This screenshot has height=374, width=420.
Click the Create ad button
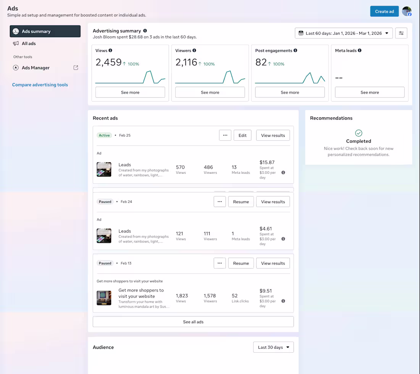(x=384, y=11)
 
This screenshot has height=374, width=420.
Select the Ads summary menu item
(x=45, y=31)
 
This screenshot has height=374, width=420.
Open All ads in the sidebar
(x=29, y=43)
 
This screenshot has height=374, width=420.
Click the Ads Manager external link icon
(x=76, y=68)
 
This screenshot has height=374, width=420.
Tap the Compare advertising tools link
(x=40, y=85)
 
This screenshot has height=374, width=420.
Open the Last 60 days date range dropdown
(x=344, y=33)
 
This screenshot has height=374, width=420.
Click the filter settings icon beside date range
(x=401, y=33)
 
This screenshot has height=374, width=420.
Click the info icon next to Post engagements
(x=295, y=50)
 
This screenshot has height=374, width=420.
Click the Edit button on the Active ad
(x=242, y=135)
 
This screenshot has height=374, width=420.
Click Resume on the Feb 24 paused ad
(x=241, y=202)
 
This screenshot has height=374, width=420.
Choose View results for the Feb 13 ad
(x=273, y=263)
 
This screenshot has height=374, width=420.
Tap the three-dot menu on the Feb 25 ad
(x=225, y=135)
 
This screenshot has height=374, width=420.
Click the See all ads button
(x=193, y=322)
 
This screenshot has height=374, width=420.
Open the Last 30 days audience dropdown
(x=273, y=347)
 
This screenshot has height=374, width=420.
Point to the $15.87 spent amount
(x=267, y=162)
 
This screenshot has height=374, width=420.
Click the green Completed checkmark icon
(x=359, y=133)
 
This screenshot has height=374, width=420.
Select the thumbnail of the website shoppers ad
(x=104, y=298)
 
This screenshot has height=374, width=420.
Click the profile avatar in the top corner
(x=407, y=11)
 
